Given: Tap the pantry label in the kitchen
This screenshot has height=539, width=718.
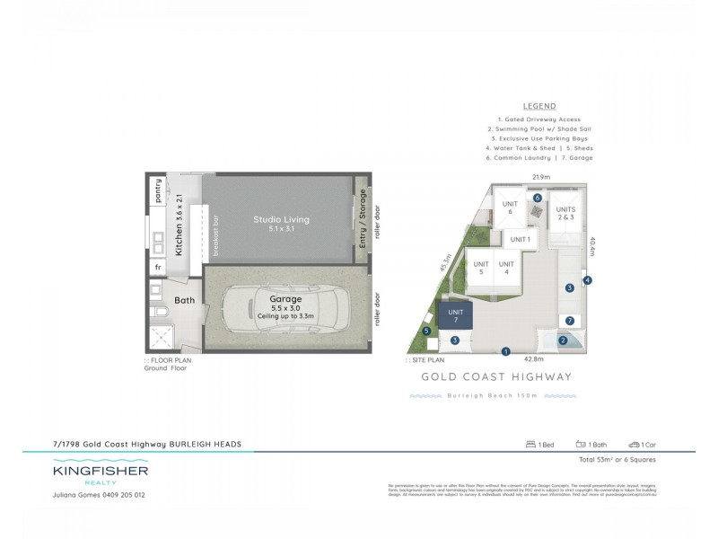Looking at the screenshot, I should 159,192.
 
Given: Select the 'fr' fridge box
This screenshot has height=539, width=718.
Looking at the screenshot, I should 159,267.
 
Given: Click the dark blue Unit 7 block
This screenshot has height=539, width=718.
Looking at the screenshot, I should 453,315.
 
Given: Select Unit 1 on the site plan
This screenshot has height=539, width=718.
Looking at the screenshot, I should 521,240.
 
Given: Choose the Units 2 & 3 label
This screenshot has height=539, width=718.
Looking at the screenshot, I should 566,214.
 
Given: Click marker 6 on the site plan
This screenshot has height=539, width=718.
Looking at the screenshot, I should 538,198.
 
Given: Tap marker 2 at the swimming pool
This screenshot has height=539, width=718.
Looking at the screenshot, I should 564,340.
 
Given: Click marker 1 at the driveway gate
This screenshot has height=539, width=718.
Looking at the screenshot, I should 506,351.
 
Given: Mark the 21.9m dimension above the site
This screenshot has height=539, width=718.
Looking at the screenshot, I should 539,177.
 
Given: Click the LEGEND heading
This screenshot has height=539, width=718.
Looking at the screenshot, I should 538,106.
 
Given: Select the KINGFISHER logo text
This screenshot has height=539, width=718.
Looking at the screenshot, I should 100,470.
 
